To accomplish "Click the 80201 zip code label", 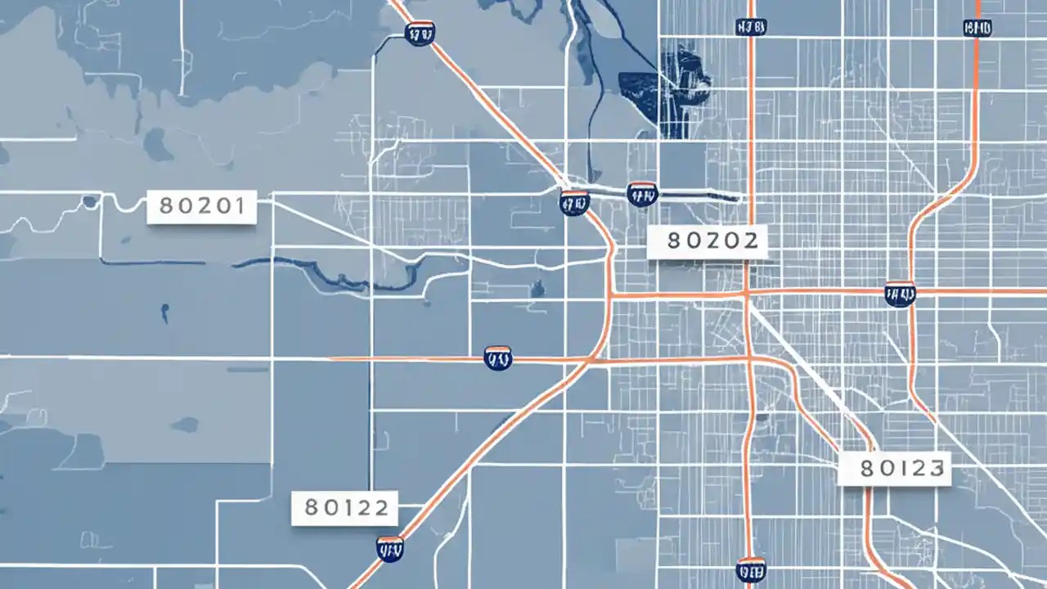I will point(201,207).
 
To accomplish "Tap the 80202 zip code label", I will point(707,241).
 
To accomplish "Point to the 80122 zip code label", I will point(344,508).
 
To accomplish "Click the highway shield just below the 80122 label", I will point(390,548).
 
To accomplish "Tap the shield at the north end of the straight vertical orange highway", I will point(750,27).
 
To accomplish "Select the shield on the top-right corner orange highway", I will point(977,27).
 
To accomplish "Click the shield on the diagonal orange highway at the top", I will point(420,33).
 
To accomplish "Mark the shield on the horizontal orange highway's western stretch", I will point(498,357).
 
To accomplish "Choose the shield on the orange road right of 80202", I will point(900,294).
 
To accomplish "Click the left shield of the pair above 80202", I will point(574,201).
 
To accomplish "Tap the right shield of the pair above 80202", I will point(642,194).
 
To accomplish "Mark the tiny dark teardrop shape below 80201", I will point(164,311).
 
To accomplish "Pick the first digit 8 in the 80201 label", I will point(167,207).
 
